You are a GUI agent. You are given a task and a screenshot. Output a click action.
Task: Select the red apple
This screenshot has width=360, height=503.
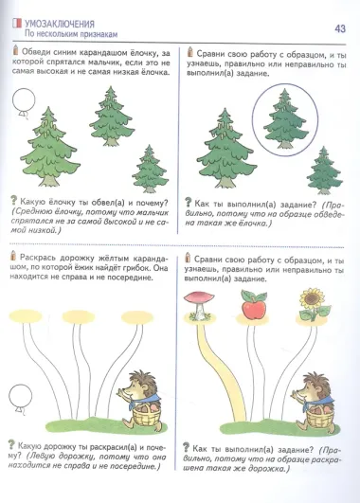pyautogui.click(x=252, y=305)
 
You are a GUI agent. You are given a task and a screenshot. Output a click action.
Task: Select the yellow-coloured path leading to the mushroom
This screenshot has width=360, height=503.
pyautogui.click(x=202, y=360)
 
